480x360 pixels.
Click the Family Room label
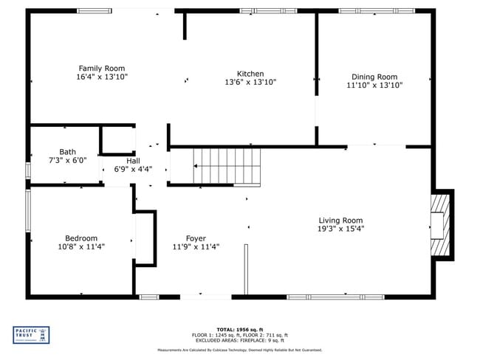[x=102, y=69]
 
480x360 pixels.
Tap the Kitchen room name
[x=250, y=74]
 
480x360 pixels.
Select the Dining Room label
[x=374, y=77]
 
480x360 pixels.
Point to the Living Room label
[x=340, y=221]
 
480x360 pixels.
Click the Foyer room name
[x=195, y=238]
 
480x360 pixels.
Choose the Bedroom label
[x=80, y=238]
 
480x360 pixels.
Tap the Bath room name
[x=67, y=152]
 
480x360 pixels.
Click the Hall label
[x=133, y=161]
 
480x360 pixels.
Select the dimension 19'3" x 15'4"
[x=340, y=229]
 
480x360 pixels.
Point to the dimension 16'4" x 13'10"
[x=102, y=77]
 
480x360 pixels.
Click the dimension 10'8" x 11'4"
[x=80, y=246]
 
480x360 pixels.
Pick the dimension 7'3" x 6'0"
[x=67, y=160]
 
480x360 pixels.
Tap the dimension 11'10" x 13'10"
[x=374, y=85]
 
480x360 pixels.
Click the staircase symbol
[x=227, y=166]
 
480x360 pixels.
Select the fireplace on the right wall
[x=441, y=224]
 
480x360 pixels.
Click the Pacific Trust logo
[x=32, y=335]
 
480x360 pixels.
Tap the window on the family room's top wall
[x=95, y=11]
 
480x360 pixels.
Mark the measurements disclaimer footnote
[x=239, y=350]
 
